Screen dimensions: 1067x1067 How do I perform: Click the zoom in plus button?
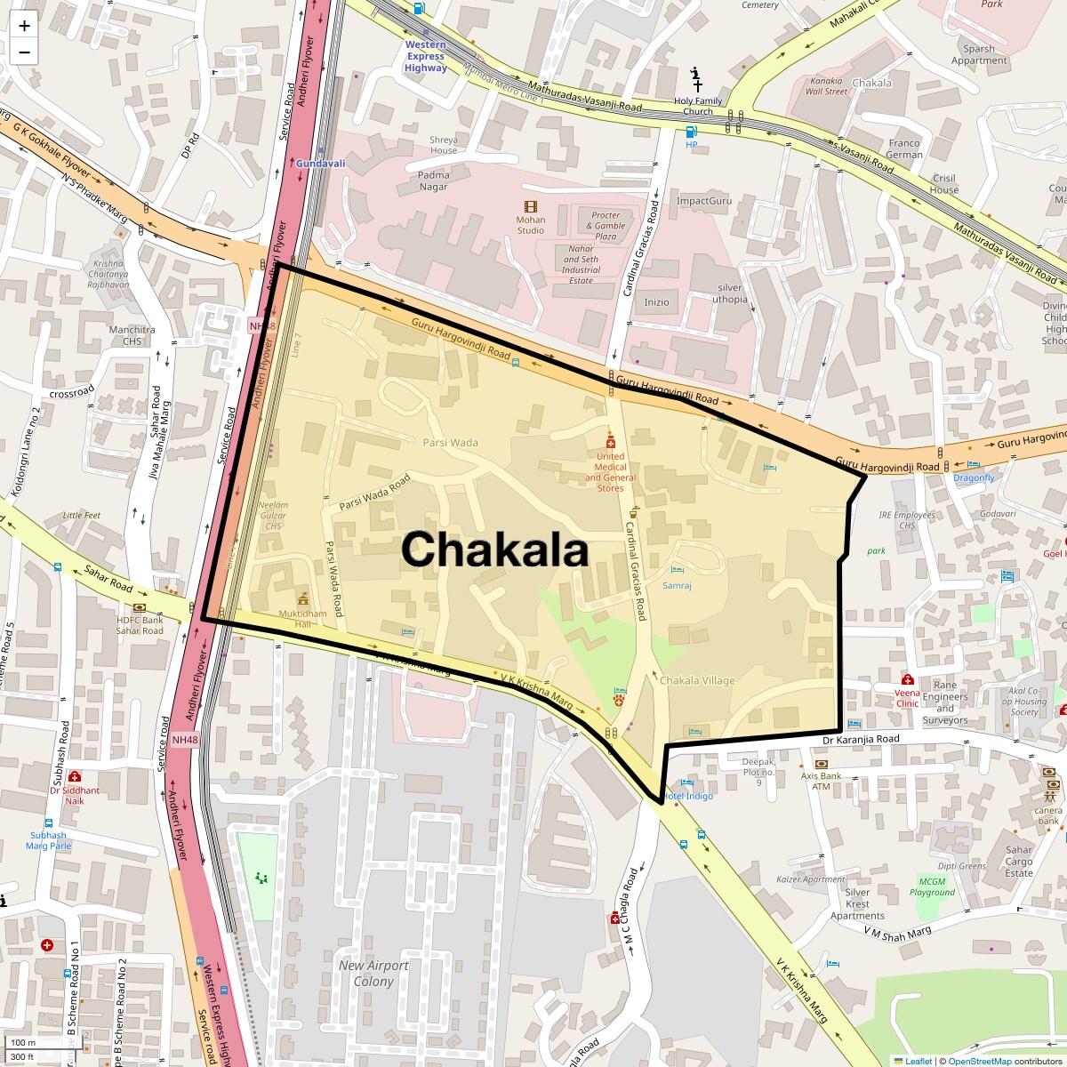point(24,26)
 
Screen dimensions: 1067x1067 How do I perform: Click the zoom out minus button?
point(24,52)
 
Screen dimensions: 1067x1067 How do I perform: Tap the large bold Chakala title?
point(494,550)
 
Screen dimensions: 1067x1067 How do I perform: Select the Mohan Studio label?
point(531,225)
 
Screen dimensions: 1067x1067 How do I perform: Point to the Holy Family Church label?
point(698,106)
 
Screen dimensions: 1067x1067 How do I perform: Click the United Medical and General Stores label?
point(610,471)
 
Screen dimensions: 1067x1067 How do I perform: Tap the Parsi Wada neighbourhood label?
point(450,442)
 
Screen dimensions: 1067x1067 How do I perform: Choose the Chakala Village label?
point(697,681)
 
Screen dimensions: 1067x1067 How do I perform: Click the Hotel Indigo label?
point(686,796)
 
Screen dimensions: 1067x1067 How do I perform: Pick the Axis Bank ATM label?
point(821,781)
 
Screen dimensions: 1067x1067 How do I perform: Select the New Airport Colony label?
point(373,973)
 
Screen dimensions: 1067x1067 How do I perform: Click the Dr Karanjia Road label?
point(860,739)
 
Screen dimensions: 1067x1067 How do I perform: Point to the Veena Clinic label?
point(907,697)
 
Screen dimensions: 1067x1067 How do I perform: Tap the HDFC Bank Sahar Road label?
point(140,625)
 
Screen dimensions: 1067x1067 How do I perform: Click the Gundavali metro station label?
point(320,164)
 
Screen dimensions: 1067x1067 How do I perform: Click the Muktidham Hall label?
point(302,618)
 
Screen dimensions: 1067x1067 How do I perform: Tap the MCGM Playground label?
point(932,886)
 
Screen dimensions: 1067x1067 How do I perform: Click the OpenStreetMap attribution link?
point(979,1061)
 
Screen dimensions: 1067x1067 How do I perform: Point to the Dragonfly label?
point(974,477)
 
